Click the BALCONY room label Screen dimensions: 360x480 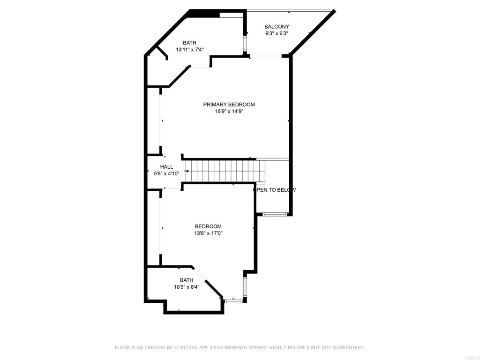[277, 27]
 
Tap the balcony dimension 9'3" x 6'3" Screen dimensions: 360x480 [277, 34]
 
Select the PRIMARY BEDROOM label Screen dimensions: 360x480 [229, 105]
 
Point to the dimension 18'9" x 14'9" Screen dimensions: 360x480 [229, 112]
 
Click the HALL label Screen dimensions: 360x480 [166, 167]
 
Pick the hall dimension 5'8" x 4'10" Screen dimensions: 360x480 [167, 173]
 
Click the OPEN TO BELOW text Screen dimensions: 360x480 [275, 190]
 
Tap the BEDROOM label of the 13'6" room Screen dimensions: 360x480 [208, 226]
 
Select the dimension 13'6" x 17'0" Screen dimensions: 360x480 [208, 233]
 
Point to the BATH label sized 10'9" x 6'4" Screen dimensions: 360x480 [187, 280]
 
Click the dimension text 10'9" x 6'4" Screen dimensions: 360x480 [187, 287]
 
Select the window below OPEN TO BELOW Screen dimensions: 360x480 [275, 214]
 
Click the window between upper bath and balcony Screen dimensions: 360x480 [244, 44]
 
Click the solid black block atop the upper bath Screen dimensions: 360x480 [203, 13]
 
